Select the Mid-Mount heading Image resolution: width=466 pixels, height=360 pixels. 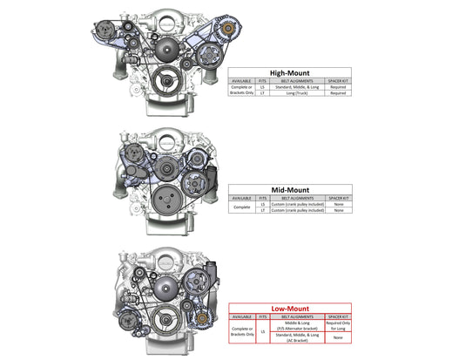289,188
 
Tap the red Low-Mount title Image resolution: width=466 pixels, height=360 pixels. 288,308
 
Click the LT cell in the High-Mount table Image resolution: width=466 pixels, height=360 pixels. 261,92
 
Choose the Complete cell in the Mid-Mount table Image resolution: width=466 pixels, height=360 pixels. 241,207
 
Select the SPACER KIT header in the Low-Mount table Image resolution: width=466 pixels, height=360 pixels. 337,315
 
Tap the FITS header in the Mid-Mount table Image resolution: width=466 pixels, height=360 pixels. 262,197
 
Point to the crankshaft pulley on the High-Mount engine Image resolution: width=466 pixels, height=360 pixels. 159,83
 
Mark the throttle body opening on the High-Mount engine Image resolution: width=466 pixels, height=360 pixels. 165,17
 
